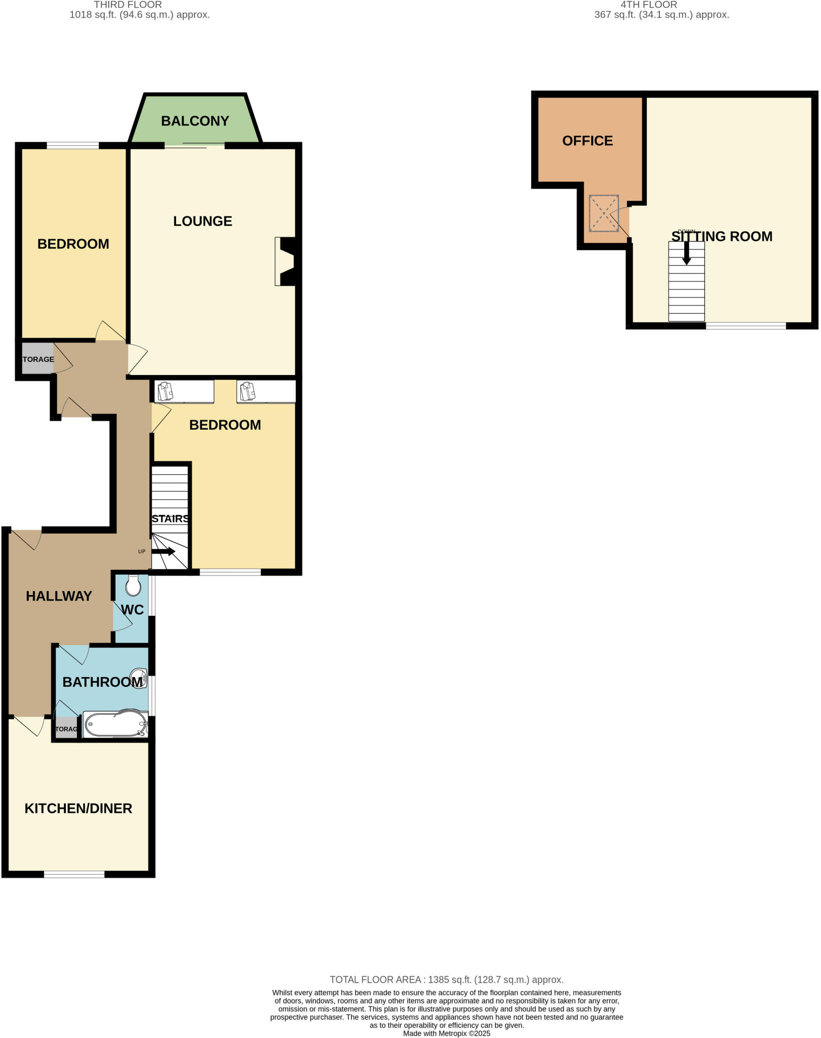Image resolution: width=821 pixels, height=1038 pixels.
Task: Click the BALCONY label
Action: (195, 121)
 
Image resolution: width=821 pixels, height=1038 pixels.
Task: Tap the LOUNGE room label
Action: (203, 221)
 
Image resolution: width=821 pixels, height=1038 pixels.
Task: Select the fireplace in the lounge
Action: (286, 261)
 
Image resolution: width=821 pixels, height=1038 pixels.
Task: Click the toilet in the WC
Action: (133, 586)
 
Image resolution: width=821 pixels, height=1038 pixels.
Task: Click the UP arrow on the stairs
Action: (163, 551)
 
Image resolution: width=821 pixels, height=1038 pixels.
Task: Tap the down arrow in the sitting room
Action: (686, 252)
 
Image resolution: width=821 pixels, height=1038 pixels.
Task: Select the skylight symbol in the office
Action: (604, 213)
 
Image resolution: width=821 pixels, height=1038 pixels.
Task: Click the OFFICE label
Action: (588, 141)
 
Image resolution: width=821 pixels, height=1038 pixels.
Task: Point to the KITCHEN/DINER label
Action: (79, 808)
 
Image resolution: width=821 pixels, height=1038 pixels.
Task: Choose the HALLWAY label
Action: (59, 596)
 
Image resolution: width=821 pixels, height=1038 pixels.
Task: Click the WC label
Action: (133, 610)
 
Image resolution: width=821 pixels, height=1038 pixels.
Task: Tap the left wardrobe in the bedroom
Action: (184, 392)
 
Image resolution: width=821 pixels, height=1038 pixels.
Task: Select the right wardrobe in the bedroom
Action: (266, 392)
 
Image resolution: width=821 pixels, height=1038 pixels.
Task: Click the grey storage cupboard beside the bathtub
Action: (66, 729)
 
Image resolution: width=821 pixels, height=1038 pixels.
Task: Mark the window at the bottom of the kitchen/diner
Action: (74, 874)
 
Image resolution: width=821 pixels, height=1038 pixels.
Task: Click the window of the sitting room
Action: (746, 326)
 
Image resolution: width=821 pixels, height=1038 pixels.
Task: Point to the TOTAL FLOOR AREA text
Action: (446, 980)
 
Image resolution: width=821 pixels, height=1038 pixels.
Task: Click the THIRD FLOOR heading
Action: (128, 5)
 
